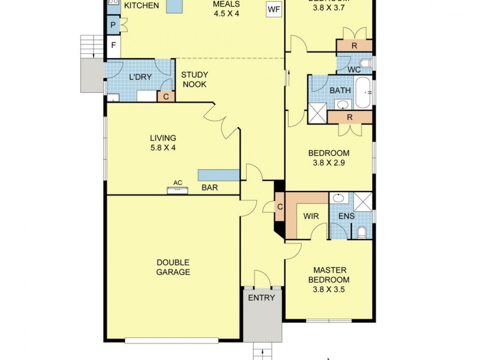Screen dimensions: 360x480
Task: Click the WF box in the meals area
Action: point(274,10)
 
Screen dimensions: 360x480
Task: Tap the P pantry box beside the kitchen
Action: point(113,25)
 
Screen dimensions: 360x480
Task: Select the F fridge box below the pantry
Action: point(113,46)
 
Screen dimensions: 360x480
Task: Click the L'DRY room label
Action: point(140,77)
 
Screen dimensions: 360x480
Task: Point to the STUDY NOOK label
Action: point(194,80)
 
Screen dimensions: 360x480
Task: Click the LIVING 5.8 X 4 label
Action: point(163,142)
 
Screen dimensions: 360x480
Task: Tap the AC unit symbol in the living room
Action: point(178,190)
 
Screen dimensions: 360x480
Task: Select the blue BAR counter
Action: point(219,175)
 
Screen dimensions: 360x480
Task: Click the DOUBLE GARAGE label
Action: point(173,268)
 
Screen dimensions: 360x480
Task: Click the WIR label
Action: point(310,216)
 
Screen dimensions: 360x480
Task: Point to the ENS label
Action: point(346,216)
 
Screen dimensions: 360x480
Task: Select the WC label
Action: point(354,70)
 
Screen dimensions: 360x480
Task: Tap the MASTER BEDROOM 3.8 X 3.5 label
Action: point(328,280)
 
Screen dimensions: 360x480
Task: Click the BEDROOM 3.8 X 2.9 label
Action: point(328,157)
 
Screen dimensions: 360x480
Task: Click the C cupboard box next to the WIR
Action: point(280,208)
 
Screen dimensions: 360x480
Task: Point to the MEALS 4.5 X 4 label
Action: point(226,8)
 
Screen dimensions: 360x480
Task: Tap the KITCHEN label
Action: point(142,6)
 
